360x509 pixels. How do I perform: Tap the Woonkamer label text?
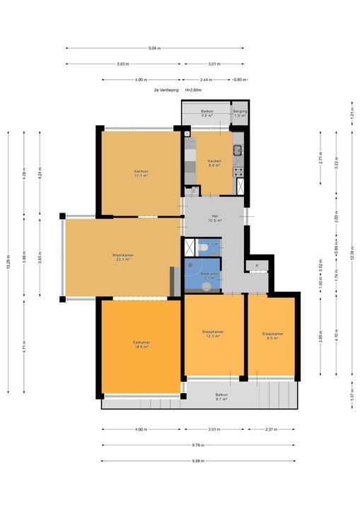pyautogui.click(x=122, y=257)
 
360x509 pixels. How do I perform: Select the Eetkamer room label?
pyautogui.click(x=141, y=344)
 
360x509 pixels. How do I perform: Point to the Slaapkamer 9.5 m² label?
pyautogui.click(x=272, y=336)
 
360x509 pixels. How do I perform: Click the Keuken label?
pyautogui.click(x=214, y=163)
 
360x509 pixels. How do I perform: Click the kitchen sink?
pyautogui.click(x=239, y=149)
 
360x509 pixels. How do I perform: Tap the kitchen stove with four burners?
pyautogui.click(x=239, y=170)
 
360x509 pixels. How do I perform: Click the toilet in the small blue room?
pyautogui.click(x=204, y=247)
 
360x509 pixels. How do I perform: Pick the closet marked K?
pyautogui.click(x=257, y=265)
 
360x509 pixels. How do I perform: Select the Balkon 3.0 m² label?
pyautogui.click(x=207, y=114)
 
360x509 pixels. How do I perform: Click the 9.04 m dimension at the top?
pyautogui.click(x=154, y=48)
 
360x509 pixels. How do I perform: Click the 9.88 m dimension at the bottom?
pyautogui.click(x=199, y=461)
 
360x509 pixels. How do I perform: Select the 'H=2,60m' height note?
pyautogui.click(x=193, y=90)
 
